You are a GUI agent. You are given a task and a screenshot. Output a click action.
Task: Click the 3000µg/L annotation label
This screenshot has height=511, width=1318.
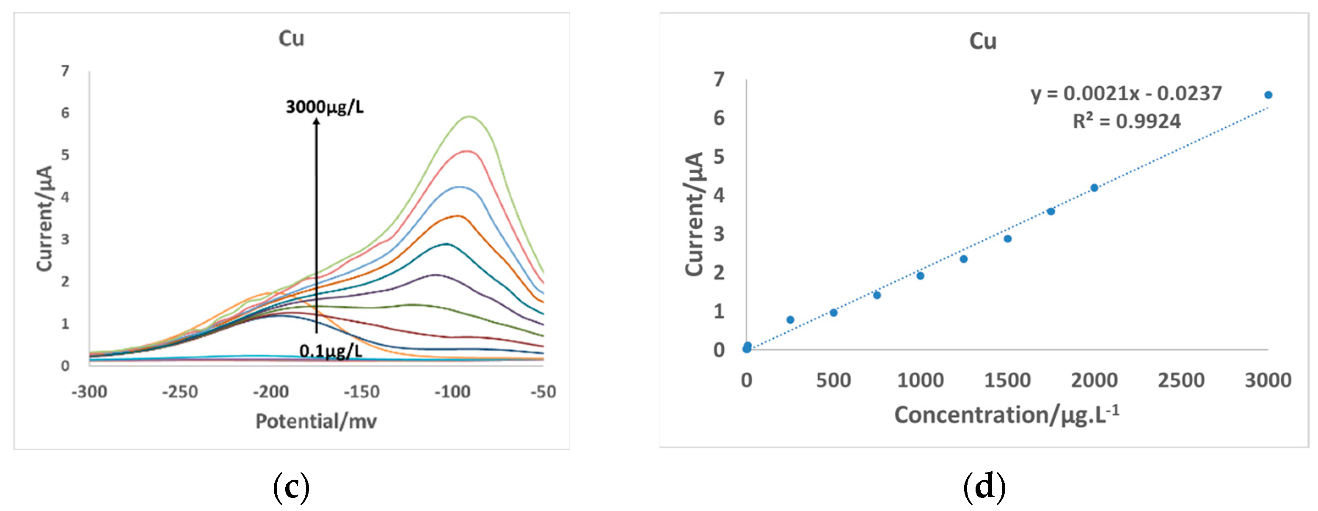pos(324,107)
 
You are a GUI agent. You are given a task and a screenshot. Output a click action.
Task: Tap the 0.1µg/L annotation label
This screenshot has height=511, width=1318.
pos(331,351)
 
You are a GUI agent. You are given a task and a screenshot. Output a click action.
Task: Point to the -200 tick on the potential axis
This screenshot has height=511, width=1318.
pos(270,392)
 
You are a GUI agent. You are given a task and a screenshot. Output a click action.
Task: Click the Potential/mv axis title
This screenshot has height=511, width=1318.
pos(316,421)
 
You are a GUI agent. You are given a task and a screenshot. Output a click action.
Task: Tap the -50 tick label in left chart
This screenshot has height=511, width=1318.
pos(543,392)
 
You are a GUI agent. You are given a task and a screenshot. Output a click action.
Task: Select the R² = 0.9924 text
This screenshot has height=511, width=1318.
pos(1126,122)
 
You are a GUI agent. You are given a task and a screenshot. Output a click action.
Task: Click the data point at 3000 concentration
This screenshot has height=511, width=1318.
pos(1268,95)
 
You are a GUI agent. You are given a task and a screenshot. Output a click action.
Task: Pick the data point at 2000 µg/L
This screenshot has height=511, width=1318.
pos(1094,188)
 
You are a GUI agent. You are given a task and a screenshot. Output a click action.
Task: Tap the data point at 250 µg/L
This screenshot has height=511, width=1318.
pos(790,320)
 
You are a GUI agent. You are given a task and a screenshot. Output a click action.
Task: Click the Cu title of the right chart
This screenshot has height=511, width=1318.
pos(982,41)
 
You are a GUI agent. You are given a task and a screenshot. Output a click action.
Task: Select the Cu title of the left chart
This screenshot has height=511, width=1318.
pos(291,38)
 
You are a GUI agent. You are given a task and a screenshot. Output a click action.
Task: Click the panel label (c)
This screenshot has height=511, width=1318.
pos(291,486)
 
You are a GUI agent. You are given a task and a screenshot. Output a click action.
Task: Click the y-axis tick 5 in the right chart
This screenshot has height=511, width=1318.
pos(719,157)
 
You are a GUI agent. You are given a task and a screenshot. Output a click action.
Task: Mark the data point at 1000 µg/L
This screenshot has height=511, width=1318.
pos(920,276)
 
